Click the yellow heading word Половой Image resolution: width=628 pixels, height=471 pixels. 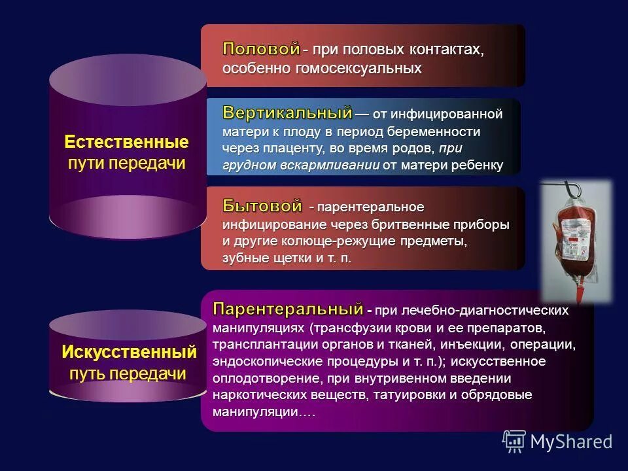(261, 48)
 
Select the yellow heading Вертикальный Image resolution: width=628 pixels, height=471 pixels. (287, 113)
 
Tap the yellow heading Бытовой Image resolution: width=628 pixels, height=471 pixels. (262, 206)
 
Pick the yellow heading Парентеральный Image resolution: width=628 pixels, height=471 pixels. (288, 308)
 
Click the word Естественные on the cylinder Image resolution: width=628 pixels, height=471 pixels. (127, 142)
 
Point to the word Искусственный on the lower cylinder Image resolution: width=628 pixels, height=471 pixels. (129, 352)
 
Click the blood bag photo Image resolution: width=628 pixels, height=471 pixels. (575, 240)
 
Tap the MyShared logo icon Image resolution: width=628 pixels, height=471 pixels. (514, 442)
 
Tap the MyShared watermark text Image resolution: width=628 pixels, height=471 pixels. (571, 442)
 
